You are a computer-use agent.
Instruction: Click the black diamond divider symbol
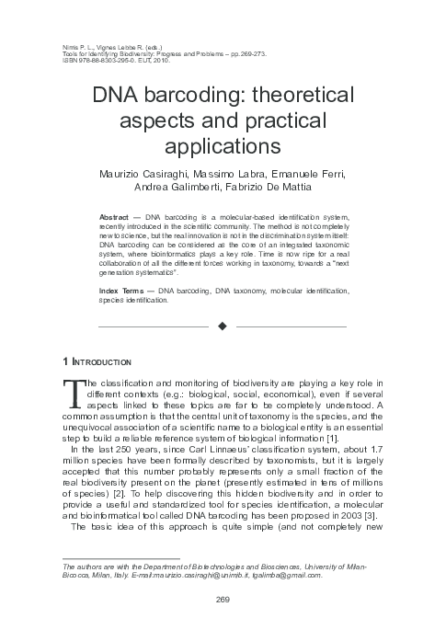click(223, 326)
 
